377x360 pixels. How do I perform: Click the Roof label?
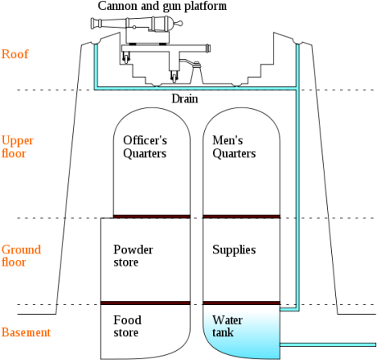pos(15,55)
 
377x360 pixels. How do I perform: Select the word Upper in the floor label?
pos(17,140)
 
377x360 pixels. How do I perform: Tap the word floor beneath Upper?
pos(13,153)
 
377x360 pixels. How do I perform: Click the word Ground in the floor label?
pos(21,249)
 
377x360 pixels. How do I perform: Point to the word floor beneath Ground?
pos(13,262)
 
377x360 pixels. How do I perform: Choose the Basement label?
pos(25,332)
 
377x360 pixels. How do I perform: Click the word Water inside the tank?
pos(227,320)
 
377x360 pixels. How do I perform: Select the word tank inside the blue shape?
pos(222,333)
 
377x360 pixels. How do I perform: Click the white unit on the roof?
pos(148,35)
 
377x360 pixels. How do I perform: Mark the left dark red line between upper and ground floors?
pos(152,216)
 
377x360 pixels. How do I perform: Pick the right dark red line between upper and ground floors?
pos(241,216)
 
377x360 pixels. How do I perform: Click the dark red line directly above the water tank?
pos(241,303)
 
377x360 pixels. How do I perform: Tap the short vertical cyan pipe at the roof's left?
pos(96,66)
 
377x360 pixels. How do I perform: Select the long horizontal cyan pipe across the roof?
pos(197,87)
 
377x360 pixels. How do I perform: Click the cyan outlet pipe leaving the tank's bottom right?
pos(328,344)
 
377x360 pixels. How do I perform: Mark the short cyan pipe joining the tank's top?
pos(288,310)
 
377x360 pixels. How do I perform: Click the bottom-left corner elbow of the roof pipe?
pos(96,87)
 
